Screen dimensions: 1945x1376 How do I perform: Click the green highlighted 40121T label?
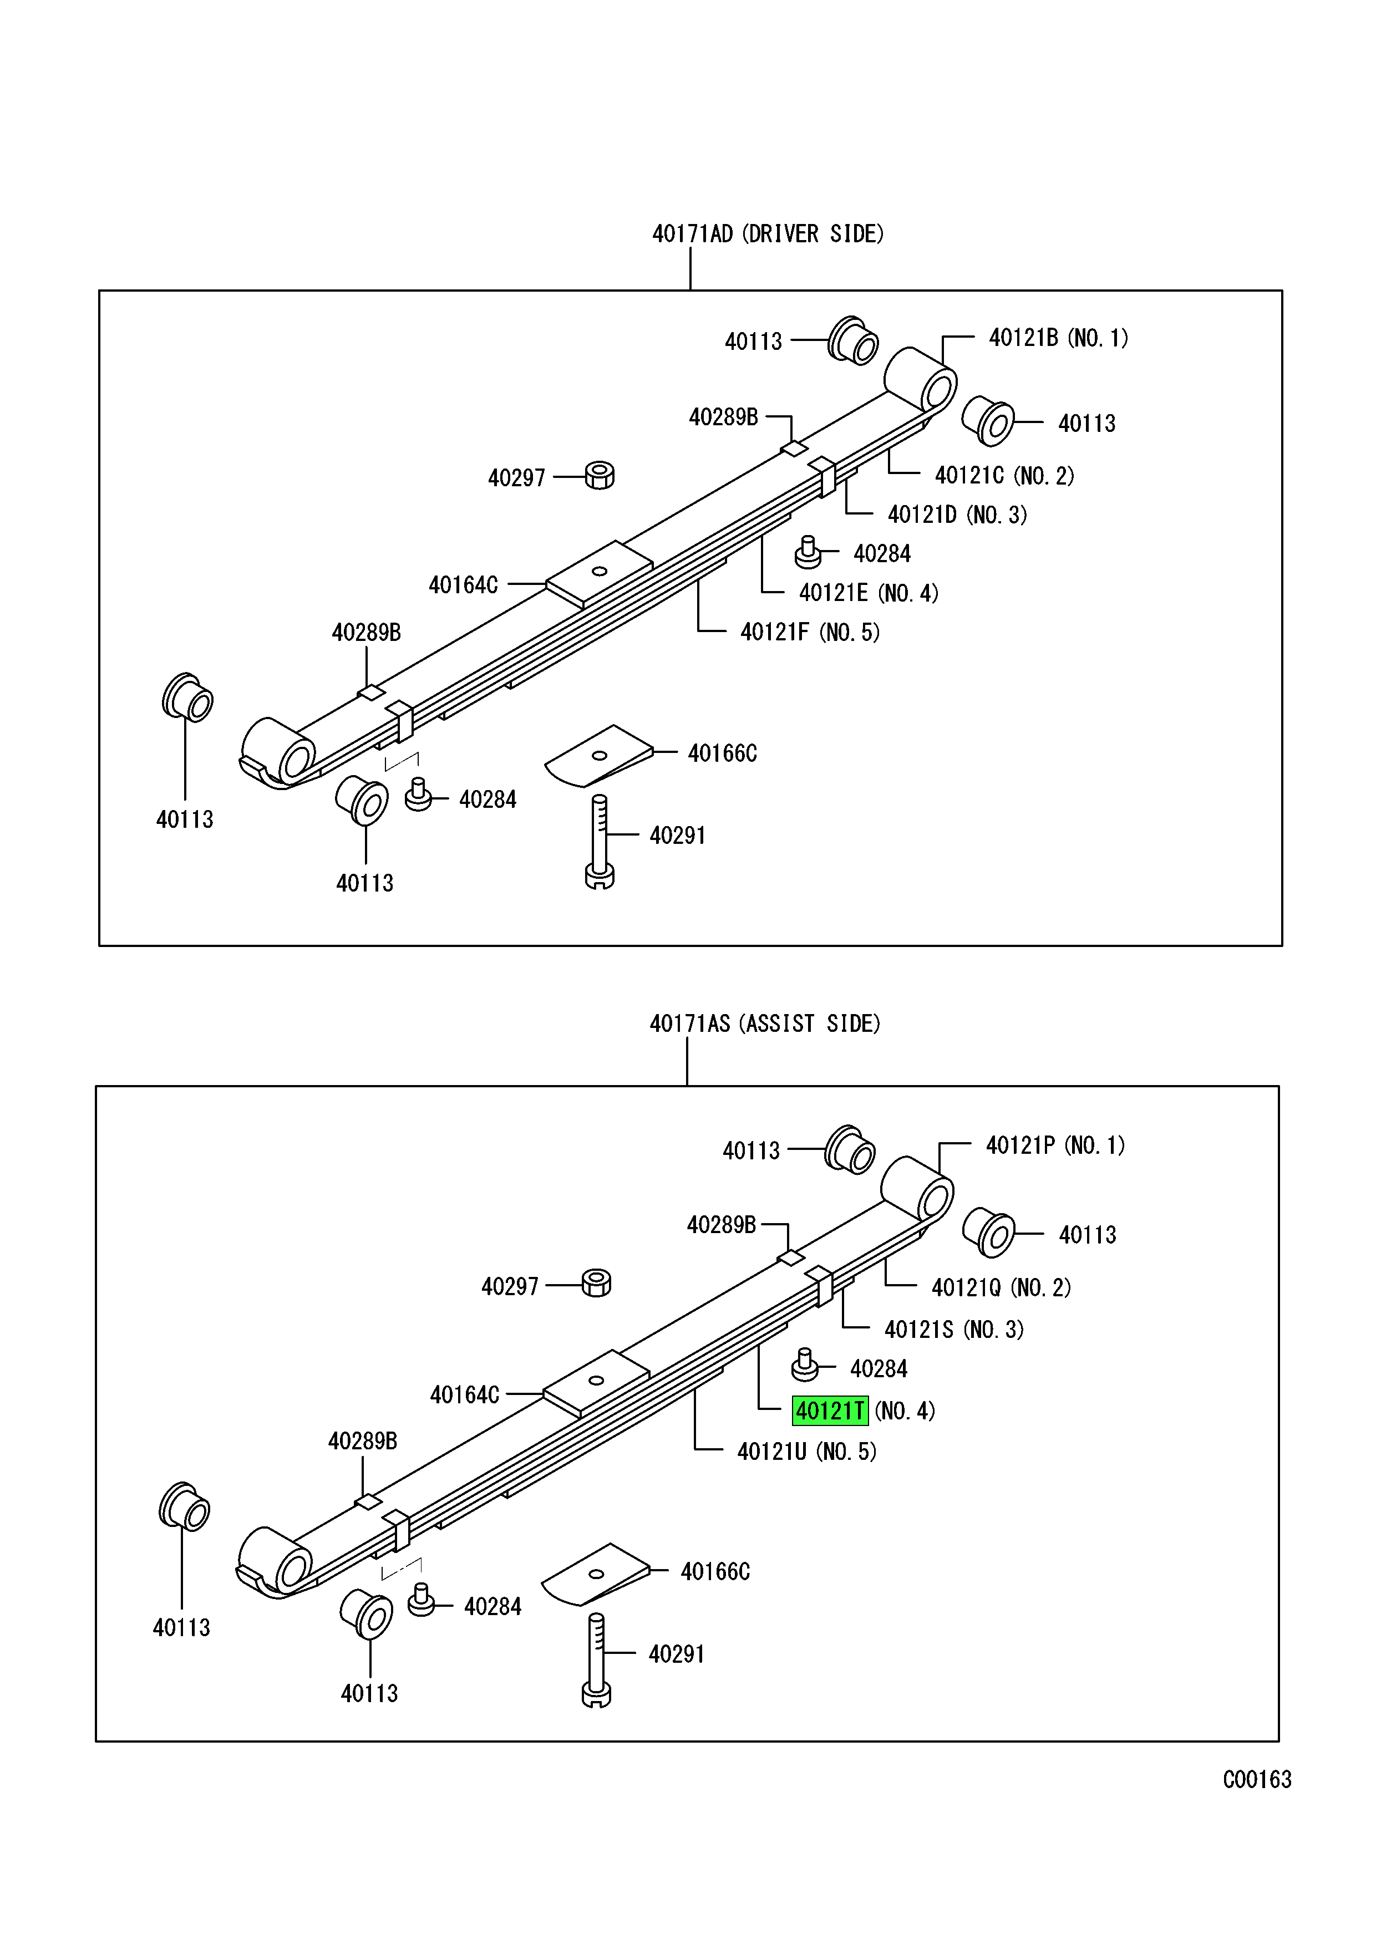pyautogui.click(x=830, y=1411)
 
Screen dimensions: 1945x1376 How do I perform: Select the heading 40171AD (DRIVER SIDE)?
pyautogui.click(x=767, y=234)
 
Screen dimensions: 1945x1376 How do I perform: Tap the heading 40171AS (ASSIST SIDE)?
pyautogui.click(x=764, y=1024)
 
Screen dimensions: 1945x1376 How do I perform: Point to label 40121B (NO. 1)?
pyautogui.click(x=1058, y=338)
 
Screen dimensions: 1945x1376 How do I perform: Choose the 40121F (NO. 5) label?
pyautogui.click(x=809, y=632)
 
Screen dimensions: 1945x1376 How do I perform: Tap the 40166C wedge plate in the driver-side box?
pyautogui.click(x=598, y=755)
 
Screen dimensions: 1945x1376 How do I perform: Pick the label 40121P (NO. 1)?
pyautogui.click(x=1055, y=1145)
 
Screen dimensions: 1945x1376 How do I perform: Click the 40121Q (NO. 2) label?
pyautogui.click(x=1001, y=1287)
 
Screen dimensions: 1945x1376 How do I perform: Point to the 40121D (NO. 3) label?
pyautogui.click(x=957, y=514)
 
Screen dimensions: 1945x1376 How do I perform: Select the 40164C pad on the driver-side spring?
pyautogui.click(x=599, y=573)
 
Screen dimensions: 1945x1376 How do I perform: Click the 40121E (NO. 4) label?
pyautogui.click(x=869, y=593)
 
